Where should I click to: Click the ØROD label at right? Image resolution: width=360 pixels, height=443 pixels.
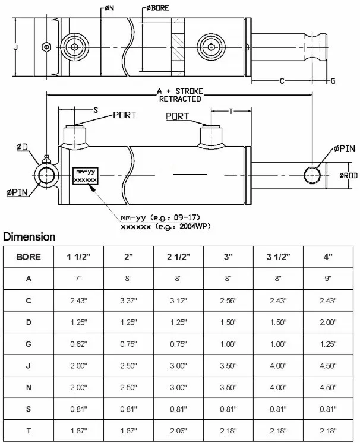pyautogui.click(x=348, y=175)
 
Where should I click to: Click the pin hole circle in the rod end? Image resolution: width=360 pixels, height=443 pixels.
pyautogui.click(x=312, y=175)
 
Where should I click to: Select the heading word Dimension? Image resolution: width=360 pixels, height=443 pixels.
pyautogui.click(x=29, y=237)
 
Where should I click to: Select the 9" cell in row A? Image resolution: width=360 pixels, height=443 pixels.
pyautogui.click(x=327, y=279)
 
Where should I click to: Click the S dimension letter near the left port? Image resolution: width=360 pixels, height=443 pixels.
pyautogui.click(x=94, y=110)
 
